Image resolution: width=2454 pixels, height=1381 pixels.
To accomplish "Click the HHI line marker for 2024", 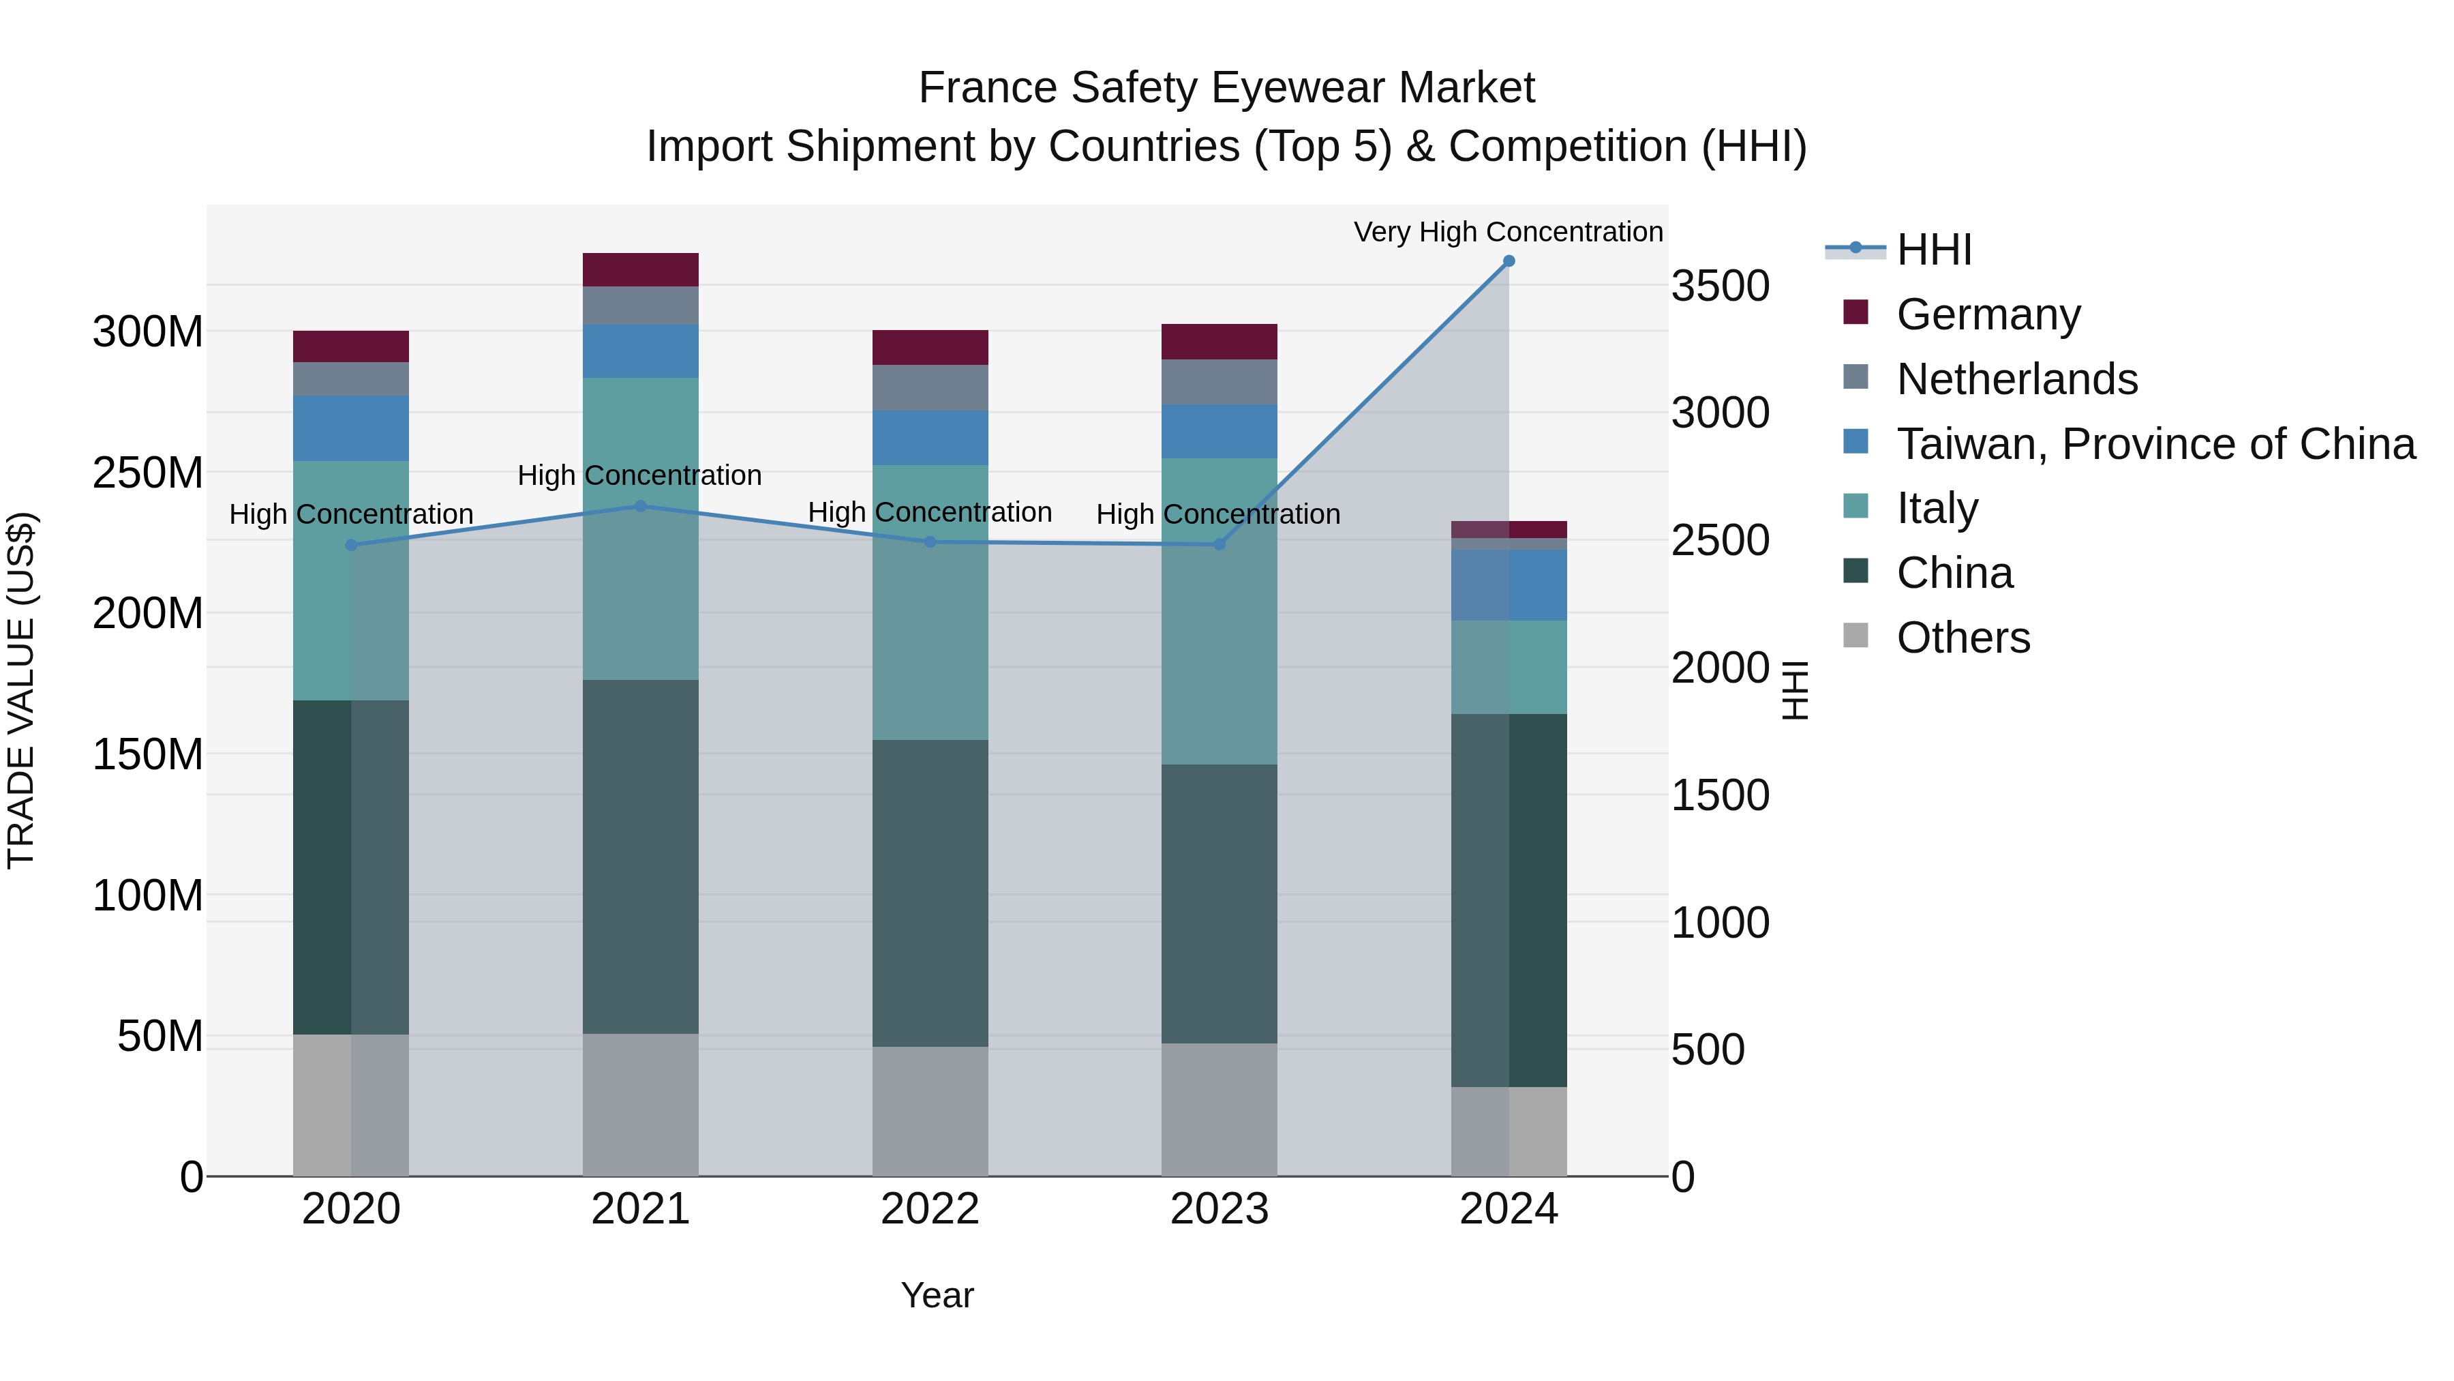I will [x=1508, y=261].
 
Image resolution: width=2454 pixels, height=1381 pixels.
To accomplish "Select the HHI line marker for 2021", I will [x=640, y=506].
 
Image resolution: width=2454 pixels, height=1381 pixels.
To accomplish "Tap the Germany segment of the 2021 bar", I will [x=640, y=269].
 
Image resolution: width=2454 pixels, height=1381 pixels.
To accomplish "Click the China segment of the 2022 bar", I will [x=930, y=893].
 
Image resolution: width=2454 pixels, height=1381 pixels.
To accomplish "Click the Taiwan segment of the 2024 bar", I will [x=1508, y=585].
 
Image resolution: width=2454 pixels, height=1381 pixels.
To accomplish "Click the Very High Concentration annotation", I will [x=1508, y=232].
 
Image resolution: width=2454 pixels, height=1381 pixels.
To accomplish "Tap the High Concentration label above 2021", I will [x=639, y=475].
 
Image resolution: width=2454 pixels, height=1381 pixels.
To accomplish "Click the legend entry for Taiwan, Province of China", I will [x=2155, y=444].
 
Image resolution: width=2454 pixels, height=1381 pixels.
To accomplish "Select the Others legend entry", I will [x=1963, y=638].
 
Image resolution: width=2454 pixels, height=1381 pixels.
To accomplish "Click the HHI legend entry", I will [x=1934, y=250].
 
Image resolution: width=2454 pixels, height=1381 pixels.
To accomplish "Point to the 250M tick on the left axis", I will [x=148, y=473].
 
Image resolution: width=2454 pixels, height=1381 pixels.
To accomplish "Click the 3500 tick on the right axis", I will [x=1721, y=286].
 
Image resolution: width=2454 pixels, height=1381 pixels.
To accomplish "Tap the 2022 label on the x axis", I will [x=930, y=1209].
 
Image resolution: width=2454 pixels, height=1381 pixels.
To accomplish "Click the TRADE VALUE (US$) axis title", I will [x=21, y=690].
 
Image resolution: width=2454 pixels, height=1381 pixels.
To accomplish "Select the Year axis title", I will [x=937, y=1295].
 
